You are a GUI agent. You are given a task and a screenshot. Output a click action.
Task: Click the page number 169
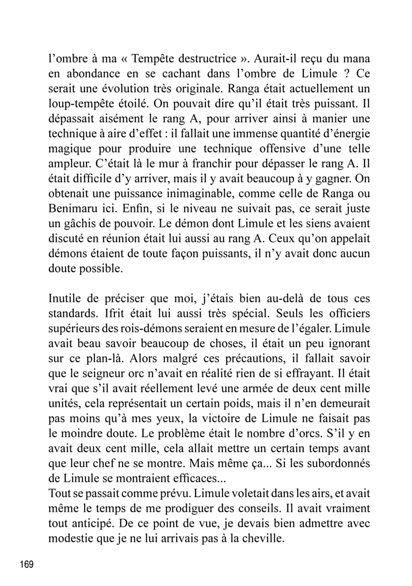pos(27,565)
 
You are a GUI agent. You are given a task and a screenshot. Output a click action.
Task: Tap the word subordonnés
pos(334,464)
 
